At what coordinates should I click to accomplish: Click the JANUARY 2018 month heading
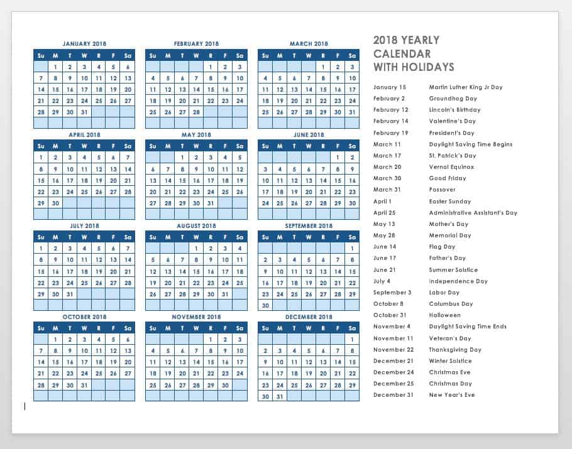pos(84,44)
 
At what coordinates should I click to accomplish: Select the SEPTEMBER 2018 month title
pos(309,225)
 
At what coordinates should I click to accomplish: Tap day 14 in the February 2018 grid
pos(197,90)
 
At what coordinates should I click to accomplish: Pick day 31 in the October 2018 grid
pos(84,385)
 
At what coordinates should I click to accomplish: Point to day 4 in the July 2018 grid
pos(84,249)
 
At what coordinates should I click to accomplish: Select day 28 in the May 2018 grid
pos(168,203)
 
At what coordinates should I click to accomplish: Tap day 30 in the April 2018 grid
pos(55,203)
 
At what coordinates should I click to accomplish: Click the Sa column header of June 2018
pos(352,146)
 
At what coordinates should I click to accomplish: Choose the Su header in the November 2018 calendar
pos(153,328)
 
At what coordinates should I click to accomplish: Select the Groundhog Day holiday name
pos(453,99)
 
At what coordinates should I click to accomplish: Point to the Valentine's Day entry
pos(453,121)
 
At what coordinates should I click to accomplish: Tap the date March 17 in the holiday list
pos(387,156)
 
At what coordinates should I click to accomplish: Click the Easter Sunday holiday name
pos(450,202)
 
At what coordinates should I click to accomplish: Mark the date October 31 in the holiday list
pos(390,315)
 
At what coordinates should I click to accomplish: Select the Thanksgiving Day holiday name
pos(455,350)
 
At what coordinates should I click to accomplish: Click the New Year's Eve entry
pos(452,395)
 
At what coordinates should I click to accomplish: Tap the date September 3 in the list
pos(392,293)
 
